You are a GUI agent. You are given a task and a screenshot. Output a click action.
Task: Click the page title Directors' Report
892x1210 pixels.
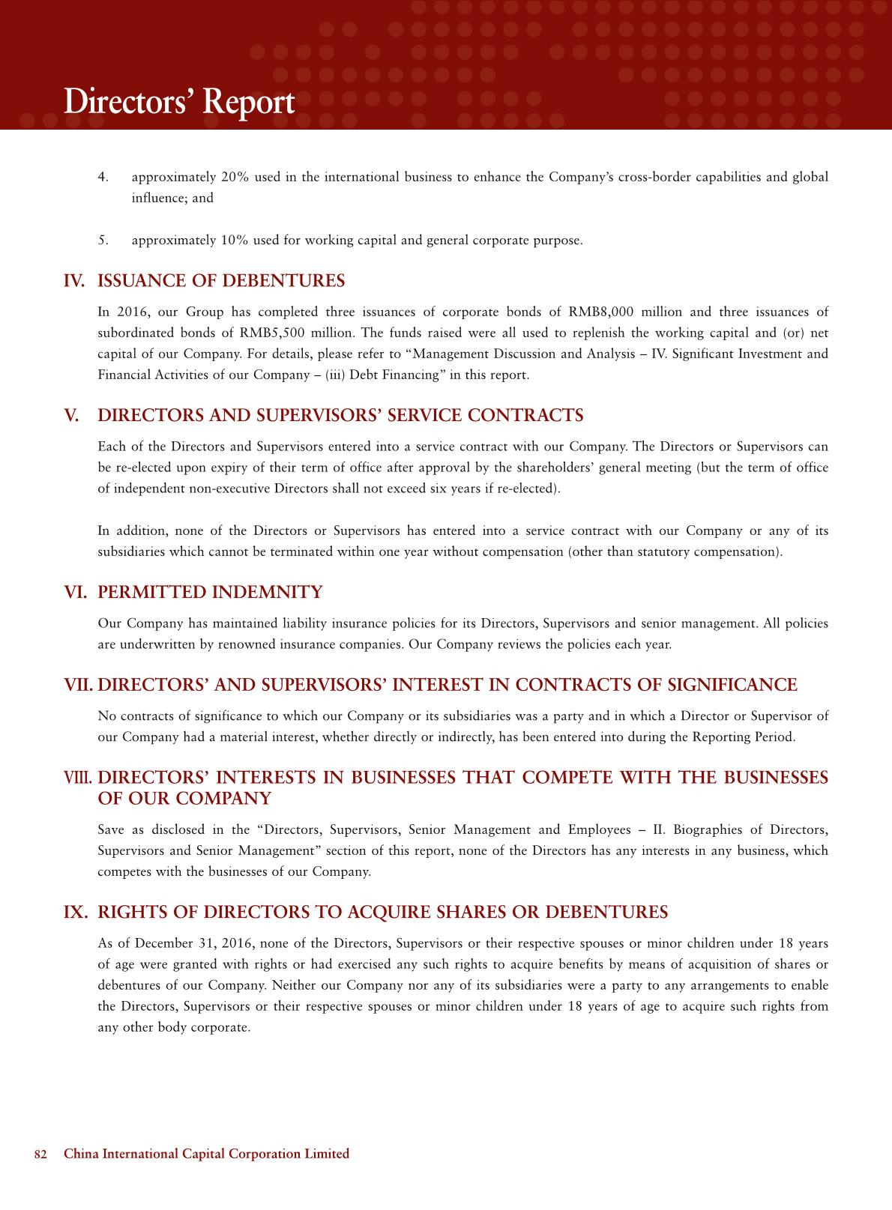click(178, 103)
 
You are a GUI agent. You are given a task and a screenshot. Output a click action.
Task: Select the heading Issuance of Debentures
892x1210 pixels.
click(221, 281)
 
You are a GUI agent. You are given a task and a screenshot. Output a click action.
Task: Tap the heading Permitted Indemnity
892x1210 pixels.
click(210, 593)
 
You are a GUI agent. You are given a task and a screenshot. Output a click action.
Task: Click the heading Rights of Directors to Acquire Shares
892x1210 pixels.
click(382, 912)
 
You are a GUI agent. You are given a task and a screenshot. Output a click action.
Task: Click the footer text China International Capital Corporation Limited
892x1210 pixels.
click(206, 1154)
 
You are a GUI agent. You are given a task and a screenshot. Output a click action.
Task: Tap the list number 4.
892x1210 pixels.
click(103, 178)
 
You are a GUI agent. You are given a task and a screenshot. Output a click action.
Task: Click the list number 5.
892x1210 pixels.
click(103, 241)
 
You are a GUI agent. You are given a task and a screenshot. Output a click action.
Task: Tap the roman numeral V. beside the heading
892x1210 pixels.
click(72, 416)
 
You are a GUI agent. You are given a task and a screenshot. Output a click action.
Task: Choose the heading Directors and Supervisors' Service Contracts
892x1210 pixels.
click(340, 416)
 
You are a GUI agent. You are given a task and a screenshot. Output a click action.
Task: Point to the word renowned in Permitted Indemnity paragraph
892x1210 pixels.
click(241, 644)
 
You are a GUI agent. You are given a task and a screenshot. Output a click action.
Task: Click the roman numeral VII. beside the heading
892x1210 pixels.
click(79, 685)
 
